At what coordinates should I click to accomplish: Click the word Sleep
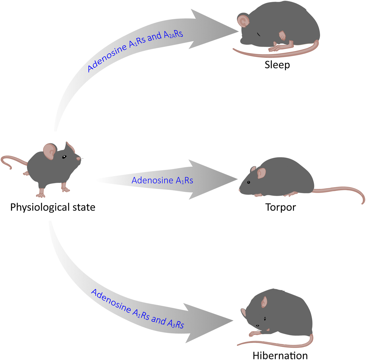pos(277,65)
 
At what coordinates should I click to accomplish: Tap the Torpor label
pos(281,207)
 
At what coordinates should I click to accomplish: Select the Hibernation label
pos(280,355)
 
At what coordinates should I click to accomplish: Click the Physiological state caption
pos(53,207)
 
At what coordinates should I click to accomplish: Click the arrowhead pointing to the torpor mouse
pos(214,180)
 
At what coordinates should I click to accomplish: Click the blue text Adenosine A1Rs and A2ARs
pos(135,51)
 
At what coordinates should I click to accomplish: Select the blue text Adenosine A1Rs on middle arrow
pos(162,180)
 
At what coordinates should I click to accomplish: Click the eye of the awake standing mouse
pos(64,157)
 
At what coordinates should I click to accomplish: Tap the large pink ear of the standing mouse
pos(50,151)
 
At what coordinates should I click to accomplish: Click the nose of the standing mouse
pos(78,159)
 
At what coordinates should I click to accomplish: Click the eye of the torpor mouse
pos(249,182)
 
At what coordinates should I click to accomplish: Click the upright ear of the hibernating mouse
pos(264,302)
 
